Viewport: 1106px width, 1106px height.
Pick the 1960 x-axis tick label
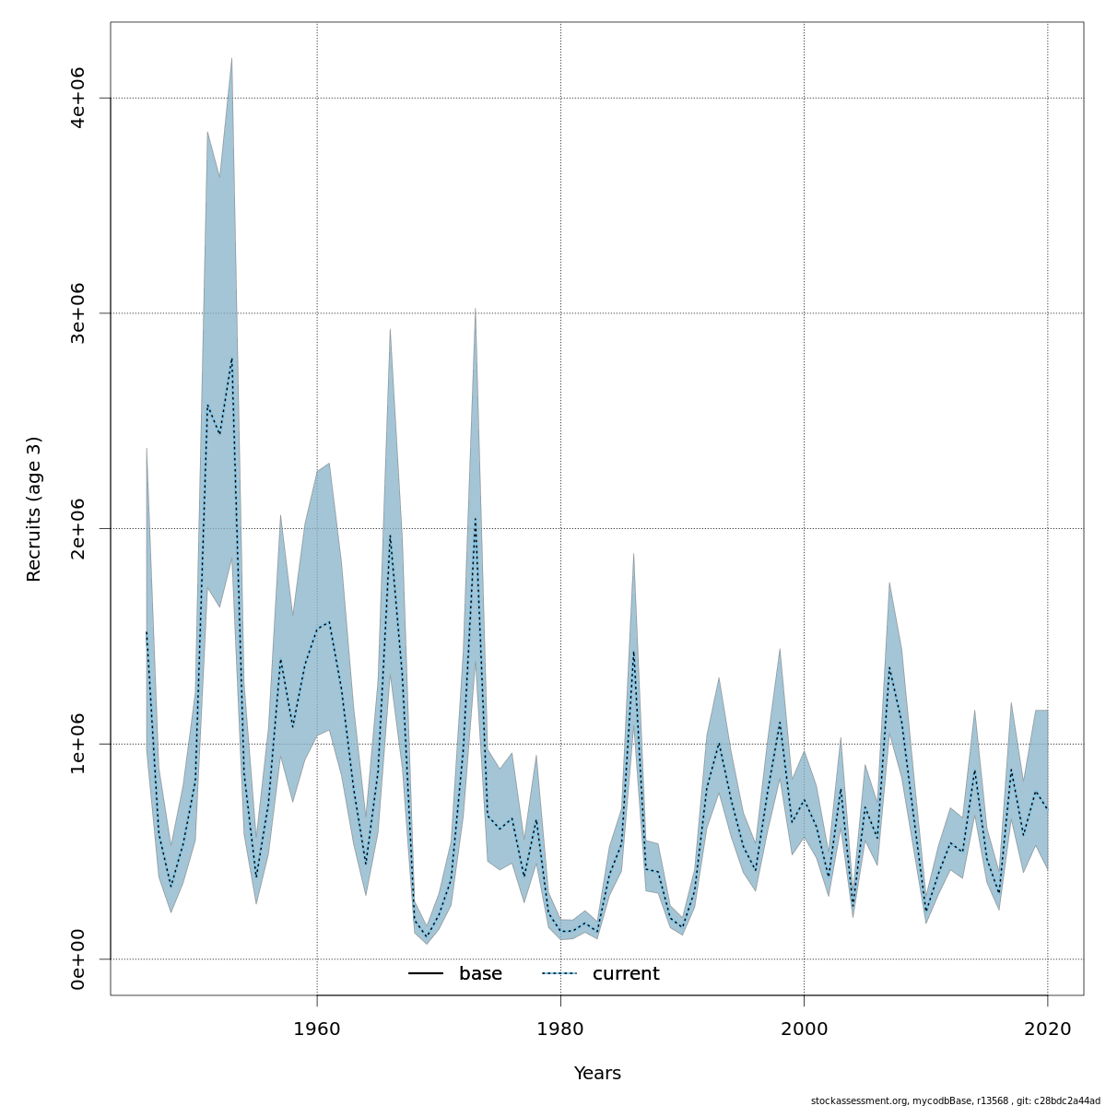(317, 1029)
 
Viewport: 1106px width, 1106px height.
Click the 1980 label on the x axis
(560, 1029)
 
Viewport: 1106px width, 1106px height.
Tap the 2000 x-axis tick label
(804, 1029)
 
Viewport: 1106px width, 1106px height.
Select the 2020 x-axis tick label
(1048, 1029)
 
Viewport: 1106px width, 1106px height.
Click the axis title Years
(597, 1074)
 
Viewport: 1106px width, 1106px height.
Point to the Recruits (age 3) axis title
(34, 509)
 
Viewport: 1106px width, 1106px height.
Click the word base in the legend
(480, 974)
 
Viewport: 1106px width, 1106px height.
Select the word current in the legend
(626, 974)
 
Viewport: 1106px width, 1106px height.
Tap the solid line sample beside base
(426, 974)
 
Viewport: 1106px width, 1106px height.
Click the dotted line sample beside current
(559, 974)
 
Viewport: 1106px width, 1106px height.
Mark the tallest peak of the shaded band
(231, 58)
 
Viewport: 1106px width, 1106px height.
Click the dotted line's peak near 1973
(476, 519)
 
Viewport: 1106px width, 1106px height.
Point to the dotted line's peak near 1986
(633, 652)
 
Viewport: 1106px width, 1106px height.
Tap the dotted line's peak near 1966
(390, 535)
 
